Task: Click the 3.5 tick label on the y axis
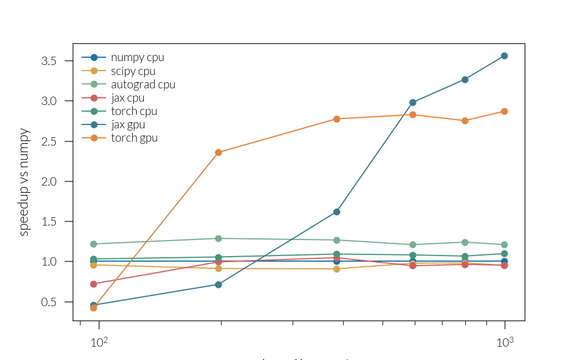click(49, 61)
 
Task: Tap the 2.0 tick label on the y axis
click(49, 181)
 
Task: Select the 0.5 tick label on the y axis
click(49, 302)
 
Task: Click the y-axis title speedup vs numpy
click(24, 182)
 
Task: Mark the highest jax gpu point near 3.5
click(504, 56)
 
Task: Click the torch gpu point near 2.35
click(218, 152)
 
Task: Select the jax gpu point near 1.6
click(336, 212)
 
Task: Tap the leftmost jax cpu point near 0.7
click(93, 284)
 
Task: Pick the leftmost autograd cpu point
click(93, 244)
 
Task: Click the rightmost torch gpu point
click(504, 111)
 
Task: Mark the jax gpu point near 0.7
click(218, 284)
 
